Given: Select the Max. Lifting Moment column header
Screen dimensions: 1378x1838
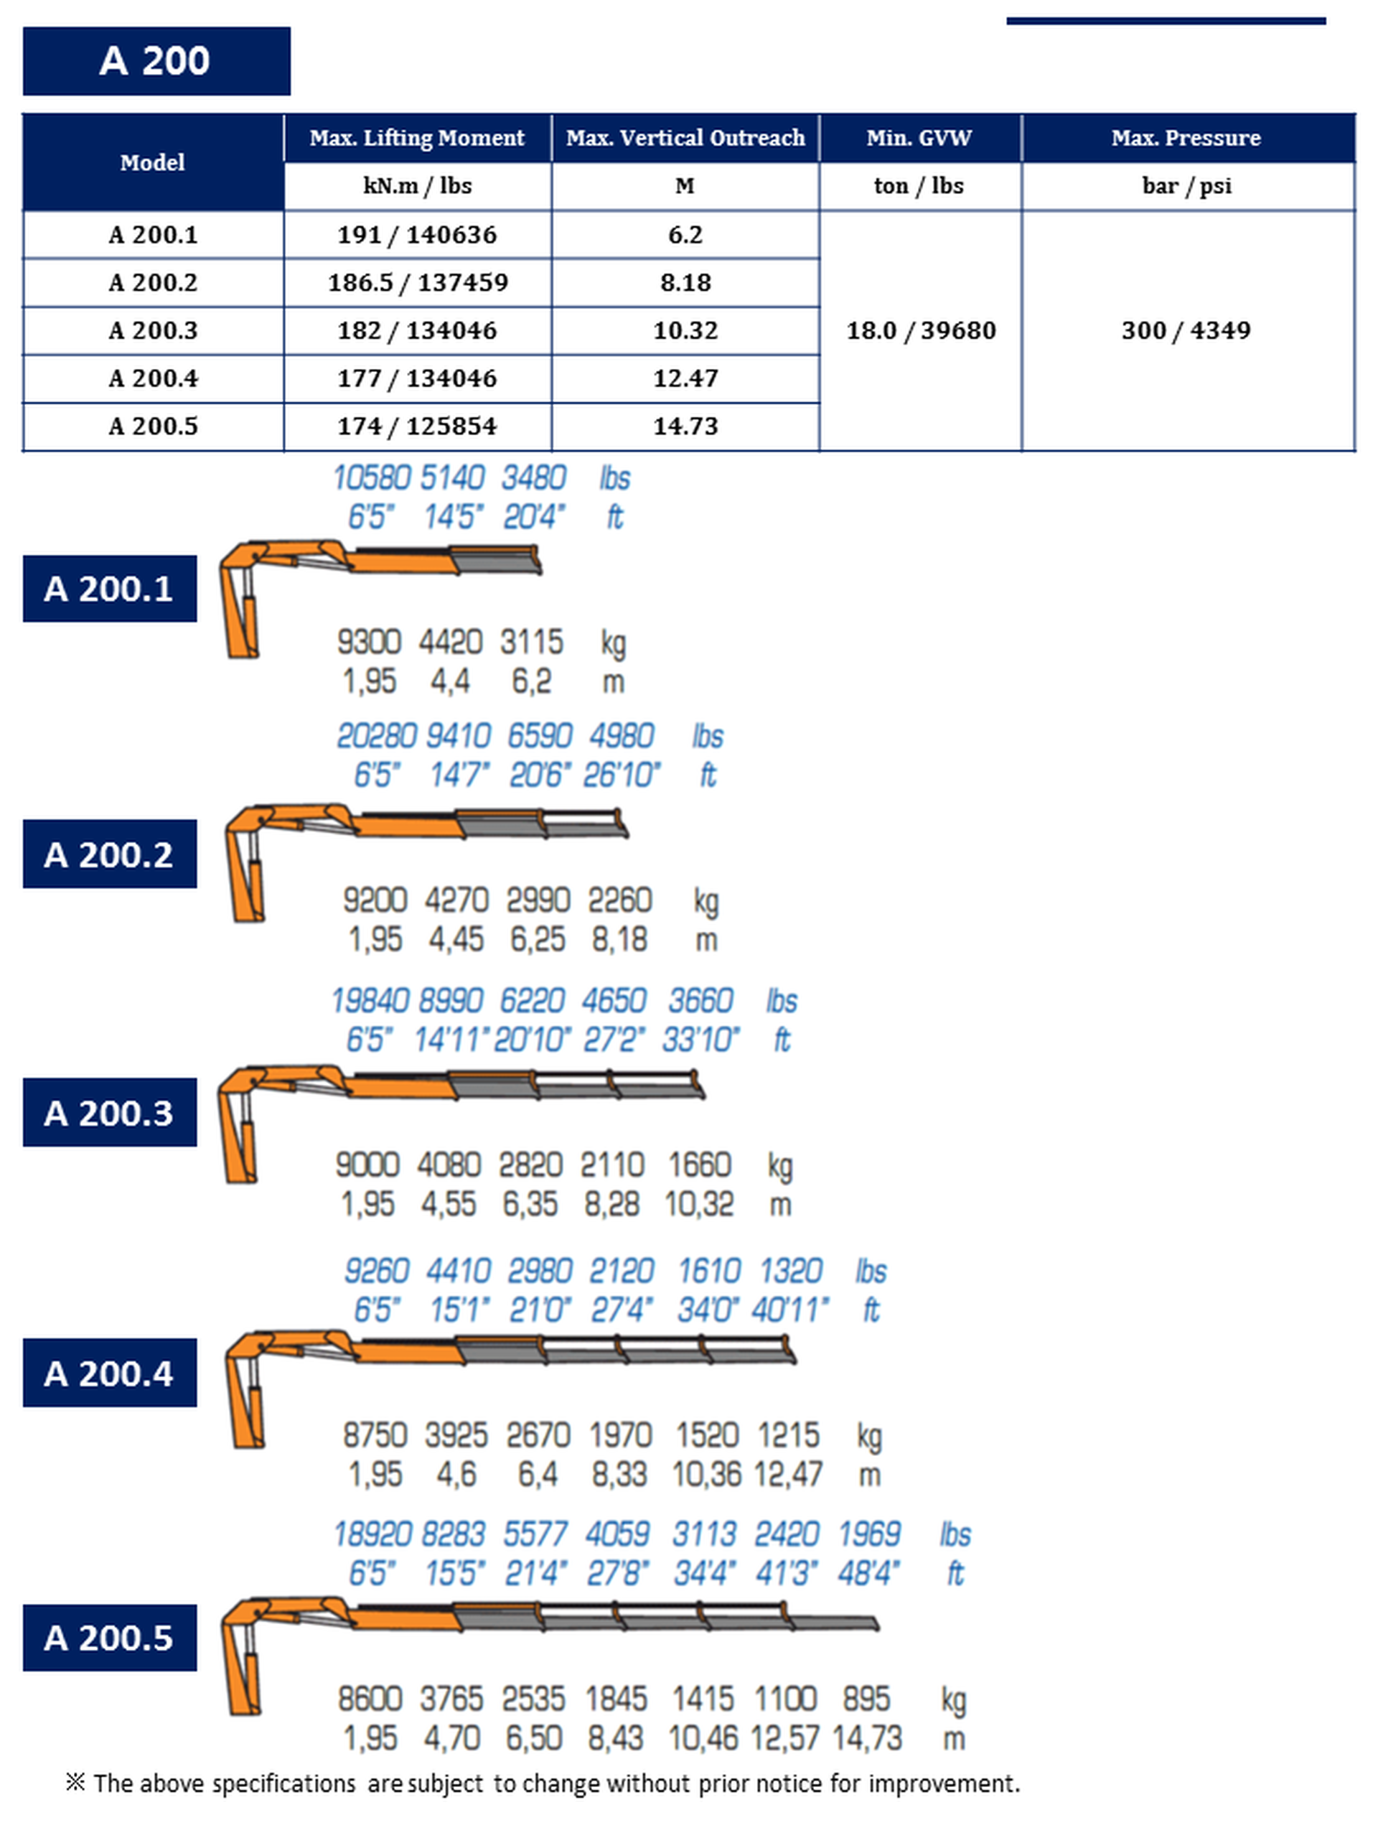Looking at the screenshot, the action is (417, 138).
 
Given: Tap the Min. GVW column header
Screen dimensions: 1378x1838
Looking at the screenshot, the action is (919, 138).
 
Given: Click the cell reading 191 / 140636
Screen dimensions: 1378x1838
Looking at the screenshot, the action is (417, 235).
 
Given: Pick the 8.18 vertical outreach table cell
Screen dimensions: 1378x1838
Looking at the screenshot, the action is (685, 282).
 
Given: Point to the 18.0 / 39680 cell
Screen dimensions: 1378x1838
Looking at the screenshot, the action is (920, 331).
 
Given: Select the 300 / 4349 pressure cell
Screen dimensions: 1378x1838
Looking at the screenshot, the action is (1186, 331).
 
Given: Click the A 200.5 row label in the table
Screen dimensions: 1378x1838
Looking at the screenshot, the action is (154, 426).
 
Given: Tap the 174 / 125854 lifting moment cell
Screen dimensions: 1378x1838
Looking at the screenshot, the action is (417, 426).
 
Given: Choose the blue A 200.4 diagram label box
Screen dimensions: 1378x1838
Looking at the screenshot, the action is (110, 1373).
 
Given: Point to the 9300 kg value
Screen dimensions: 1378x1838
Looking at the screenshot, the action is (369, 643).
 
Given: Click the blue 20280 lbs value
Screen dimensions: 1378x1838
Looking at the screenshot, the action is (376, 736).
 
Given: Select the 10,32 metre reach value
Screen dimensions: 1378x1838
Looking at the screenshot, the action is (699, 1204).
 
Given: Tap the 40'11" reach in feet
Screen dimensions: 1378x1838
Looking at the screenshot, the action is (790, 1310).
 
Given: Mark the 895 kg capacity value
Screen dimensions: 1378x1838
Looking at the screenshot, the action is (866, 1699).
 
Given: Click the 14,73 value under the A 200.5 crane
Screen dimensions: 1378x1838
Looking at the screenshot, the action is (866, 1738).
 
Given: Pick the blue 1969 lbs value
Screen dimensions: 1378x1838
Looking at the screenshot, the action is (869, 1534).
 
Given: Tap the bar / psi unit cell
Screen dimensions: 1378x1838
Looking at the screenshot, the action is (1186, 186).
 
